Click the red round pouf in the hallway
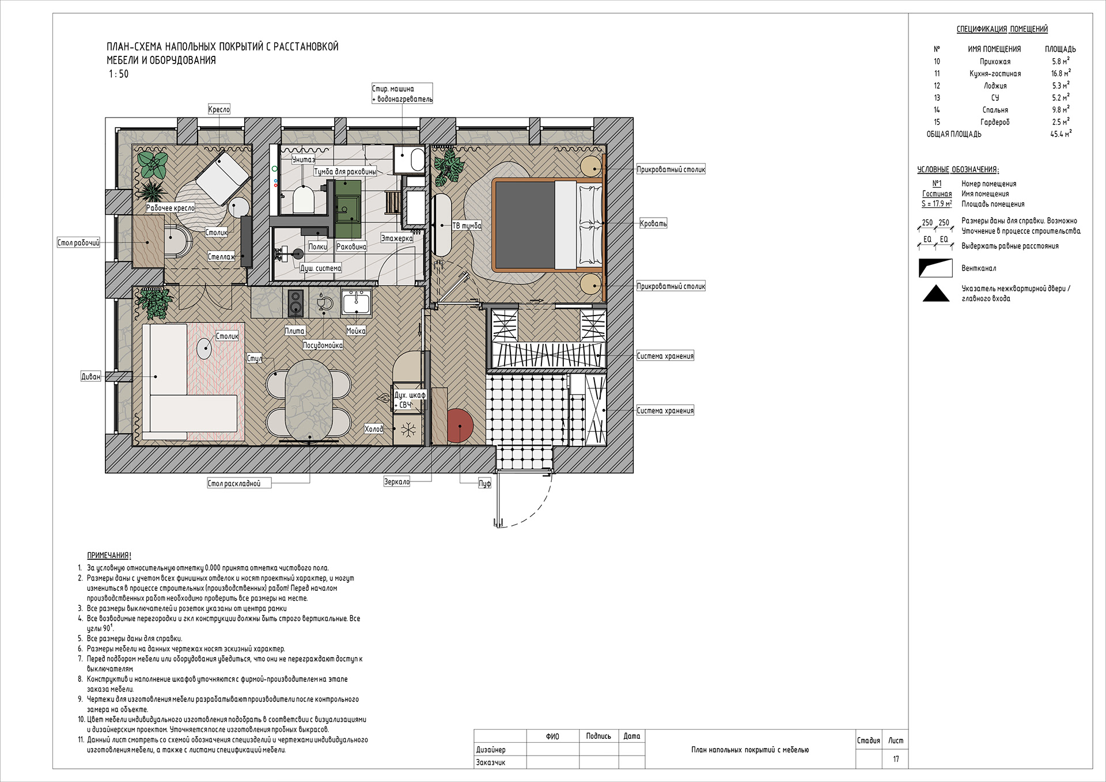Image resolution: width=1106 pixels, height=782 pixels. pyautogui.click(x=460, y=425)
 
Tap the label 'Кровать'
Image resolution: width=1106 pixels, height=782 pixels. pyautogui.click(x=653, y=223)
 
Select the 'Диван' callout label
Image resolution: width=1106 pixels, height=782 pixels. pyautogui.click(x=90, y=377)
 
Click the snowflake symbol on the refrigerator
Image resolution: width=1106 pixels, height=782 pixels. pyautogui.click(x=408, y=430)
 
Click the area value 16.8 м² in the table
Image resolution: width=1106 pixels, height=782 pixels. pyautogui.click(x=1060, y=74)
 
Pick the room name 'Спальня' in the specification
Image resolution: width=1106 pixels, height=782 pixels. pyautogui.click(x=995, y=110)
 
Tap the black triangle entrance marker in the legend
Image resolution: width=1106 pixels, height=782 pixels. pyautogui.click(x=936, y=294)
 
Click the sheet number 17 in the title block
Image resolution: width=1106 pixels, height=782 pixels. pyautogui.click(x=896, y=759)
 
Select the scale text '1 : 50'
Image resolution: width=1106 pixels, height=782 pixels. pyautogui.click(x=119, y=74)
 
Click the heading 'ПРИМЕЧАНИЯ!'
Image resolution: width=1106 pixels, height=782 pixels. pyautogui.click(x=109, y=556)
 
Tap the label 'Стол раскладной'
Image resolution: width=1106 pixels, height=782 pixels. pyautogui.click(x=234, y=484)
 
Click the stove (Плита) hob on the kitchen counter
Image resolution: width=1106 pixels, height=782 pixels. pyautogui.click(x=296, y=302)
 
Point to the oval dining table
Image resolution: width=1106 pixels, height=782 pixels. pyautogui.click(x=309, y=397)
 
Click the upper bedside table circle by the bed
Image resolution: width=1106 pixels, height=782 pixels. pyautogui.click(x=590, y=166)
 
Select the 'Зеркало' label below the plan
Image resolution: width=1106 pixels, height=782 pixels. pyautogui.click(x=397, y=482)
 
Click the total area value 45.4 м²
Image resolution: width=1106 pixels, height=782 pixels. pyautogui.click(x=1060, y=134)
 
